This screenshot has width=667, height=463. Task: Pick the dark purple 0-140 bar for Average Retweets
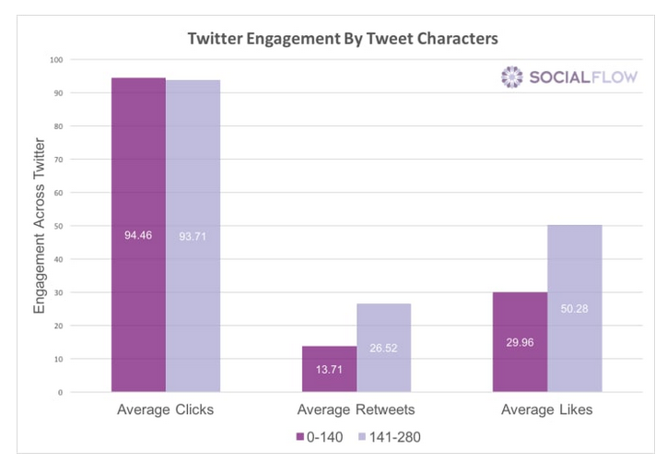(329, 369)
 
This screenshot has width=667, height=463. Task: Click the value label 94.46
(138, 235)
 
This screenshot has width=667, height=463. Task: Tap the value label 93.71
(193, 235)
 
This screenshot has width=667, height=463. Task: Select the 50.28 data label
(574, 308)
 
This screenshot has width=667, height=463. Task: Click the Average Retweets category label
(356, 410)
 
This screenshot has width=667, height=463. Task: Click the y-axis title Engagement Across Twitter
(40, 226)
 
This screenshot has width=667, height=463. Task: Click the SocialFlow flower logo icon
(511, 77)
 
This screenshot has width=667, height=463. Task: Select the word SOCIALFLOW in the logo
(582, 77)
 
